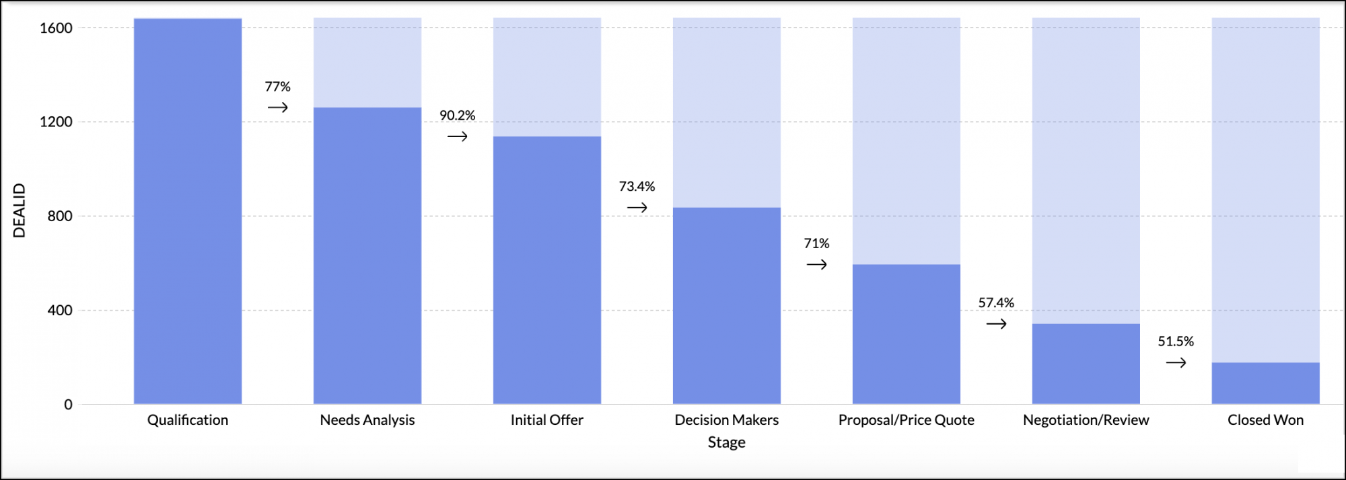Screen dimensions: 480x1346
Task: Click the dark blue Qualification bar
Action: pos(188,211)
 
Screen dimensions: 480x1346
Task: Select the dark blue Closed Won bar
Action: pos(1265,383)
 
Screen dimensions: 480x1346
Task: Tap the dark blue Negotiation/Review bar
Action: pos(1086,364)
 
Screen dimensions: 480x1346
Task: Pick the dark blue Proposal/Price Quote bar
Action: pos(906,334)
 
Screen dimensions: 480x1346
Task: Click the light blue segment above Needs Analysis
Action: pos(367,63)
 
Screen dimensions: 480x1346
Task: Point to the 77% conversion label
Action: pos(277,87)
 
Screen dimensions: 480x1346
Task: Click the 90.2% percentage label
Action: pos(457,116)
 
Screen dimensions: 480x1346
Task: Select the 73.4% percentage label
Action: pos(637,186)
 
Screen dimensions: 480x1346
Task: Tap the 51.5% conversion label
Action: pos(1175,342)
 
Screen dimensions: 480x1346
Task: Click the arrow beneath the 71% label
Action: pos(816,265)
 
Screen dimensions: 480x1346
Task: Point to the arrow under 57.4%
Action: pos(996,324)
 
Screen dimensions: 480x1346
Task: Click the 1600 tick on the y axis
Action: pos(56,28)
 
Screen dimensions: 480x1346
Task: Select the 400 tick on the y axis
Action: pos(60,311)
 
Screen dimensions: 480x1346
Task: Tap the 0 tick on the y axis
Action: pos(68,405)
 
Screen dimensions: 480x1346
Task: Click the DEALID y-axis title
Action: pos(20,210)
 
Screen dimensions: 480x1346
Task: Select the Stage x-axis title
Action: pos(726,442)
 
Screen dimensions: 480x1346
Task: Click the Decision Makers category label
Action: pos(726,420)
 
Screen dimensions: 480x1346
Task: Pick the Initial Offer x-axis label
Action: pos(546,420)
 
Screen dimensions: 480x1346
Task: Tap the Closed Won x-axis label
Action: pos(1265,420)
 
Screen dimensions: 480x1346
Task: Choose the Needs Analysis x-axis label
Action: pos(367,420)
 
